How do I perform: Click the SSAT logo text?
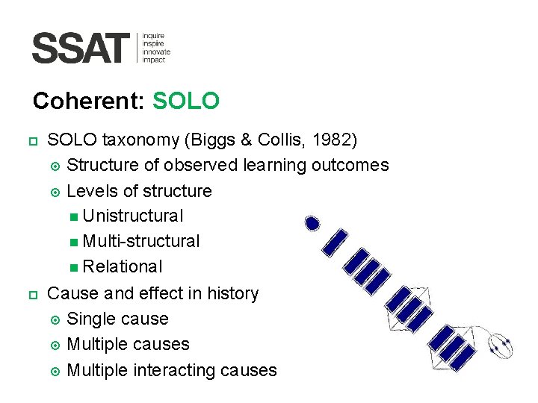coord(81,49)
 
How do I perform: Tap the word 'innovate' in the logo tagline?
coord(156,51)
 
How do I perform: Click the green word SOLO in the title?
coord(185,101)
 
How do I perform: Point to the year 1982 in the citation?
coord(333,140)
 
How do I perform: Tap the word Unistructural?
coord(133,216)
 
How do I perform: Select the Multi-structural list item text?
coord(141,242)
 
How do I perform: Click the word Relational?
coord(123,267)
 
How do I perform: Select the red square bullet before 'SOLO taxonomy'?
coord(33,140)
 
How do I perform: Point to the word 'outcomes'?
coord(353,165)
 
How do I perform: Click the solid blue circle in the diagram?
coord(313,222)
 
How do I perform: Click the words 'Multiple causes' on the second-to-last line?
coord(128,345)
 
